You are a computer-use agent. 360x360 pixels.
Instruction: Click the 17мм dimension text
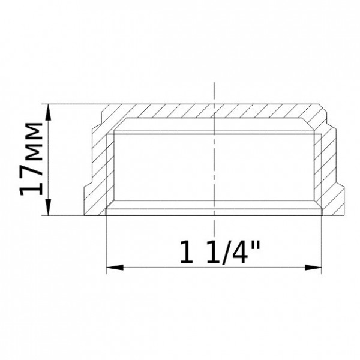tap(31, 158)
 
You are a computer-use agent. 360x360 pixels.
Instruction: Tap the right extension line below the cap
tap(320, 246)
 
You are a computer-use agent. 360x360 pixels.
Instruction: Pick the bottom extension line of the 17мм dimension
tap(72, 215)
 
